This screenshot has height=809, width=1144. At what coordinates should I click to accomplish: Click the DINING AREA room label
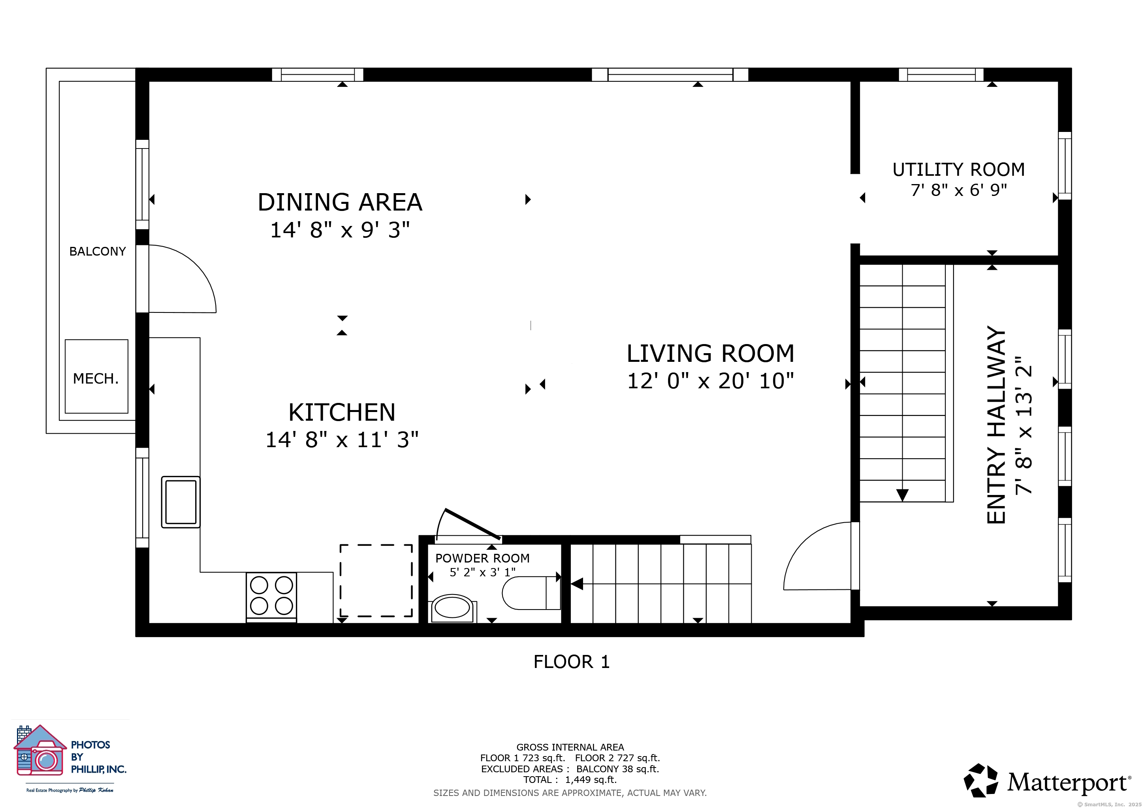click(340, 202)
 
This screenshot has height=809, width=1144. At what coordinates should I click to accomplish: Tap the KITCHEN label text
click(342, 412)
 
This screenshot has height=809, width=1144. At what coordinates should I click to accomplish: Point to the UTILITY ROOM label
click(959, 170)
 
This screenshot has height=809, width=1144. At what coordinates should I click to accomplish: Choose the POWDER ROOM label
click(482, 559)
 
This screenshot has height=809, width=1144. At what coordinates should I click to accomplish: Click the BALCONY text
click(98, 252)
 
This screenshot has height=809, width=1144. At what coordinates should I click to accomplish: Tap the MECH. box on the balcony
click(96, 376)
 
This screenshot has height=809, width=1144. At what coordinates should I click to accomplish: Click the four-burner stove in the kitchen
click(271, 597)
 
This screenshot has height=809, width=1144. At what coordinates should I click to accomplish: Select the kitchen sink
click(181, 502)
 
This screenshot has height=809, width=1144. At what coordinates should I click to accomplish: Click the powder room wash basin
click(452, 608)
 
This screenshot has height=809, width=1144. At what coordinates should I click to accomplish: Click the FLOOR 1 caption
click(572, 662)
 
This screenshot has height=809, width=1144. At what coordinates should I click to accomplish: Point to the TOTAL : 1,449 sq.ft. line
click(570, 780)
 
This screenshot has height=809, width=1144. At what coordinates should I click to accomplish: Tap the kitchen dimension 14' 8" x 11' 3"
click(342, 440)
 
